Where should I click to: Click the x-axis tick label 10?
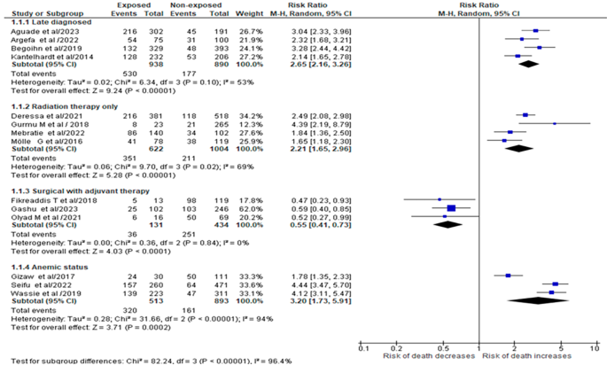coord(593,348)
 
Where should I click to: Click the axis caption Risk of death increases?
coord(534,356)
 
